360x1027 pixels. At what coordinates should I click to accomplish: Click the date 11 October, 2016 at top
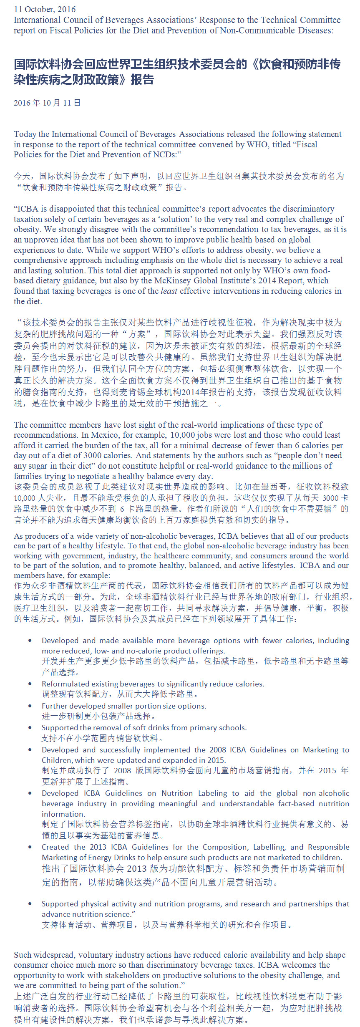click(45, 9)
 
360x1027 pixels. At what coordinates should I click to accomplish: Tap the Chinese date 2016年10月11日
click(47, 103)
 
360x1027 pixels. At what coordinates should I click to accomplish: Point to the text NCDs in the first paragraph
click(164, 154)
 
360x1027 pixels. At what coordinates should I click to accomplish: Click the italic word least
click(169, 291)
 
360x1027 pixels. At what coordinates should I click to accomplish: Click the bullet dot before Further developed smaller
click(30, 706)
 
